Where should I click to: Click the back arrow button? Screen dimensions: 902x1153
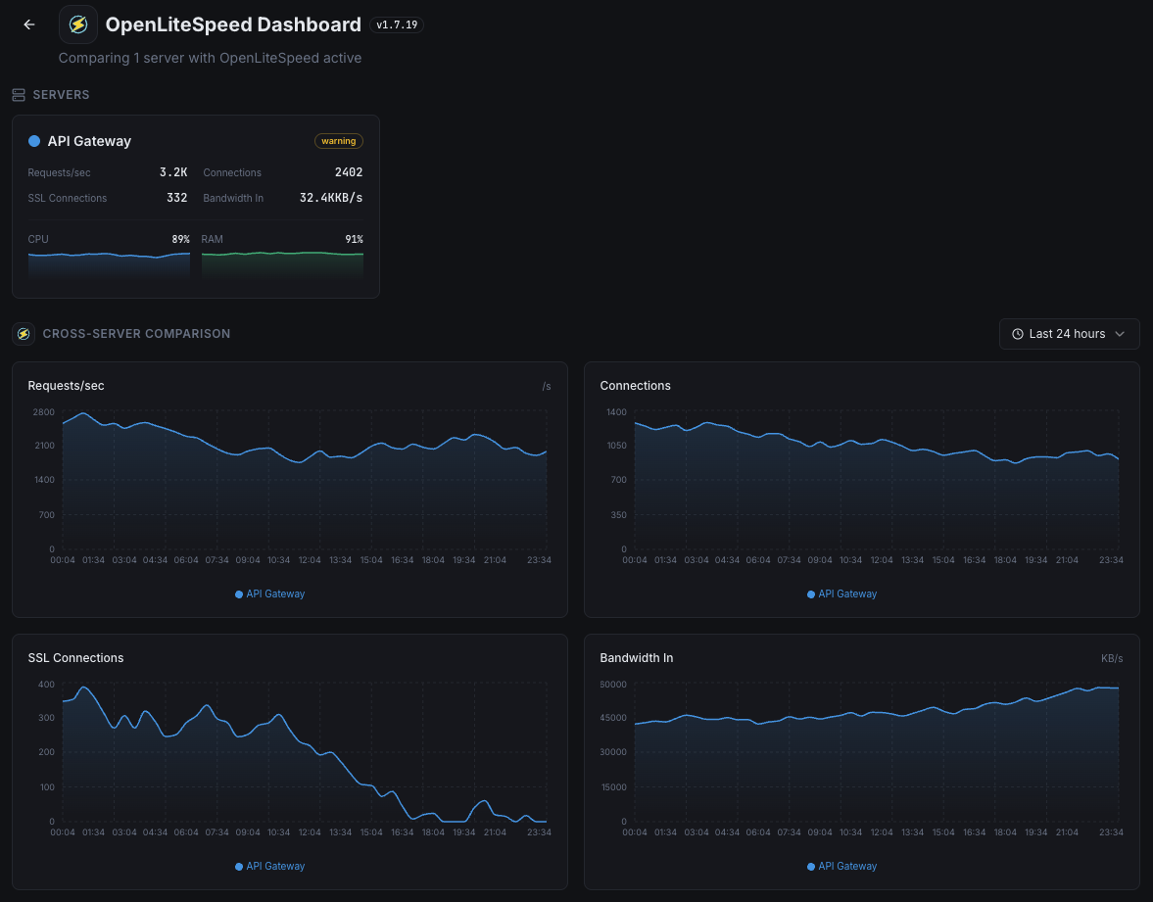click(x=29, y=24)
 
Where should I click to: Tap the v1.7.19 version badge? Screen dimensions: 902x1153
click(x=397, y=24)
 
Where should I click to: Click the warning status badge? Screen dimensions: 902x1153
click(x=339, y=141)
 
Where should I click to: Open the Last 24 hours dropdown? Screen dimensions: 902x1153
click(x=1069, y=334)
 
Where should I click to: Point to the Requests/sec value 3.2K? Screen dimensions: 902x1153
click(x=173, y=172)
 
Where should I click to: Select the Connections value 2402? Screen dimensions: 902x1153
click(x=349, y=172)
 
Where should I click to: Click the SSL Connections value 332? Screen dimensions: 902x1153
click(x=176, y=198)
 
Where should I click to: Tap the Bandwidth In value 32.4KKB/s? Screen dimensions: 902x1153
click(x=331, y=198)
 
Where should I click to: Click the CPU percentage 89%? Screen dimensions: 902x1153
click(x=180, y=239)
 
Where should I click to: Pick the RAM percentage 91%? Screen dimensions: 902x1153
click(x=354, y=239)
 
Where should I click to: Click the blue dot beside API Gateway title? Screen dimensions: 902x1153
click(x=34, y=141)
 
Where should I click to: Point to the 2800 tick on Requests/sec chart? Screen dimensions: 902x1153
click(x=43, y=412)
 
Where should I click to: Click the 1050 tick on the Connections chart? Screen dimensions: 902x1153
click(x=615, y=446)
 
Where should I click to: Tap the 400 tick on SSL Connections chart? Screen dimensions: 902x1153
click(x=46, y=684)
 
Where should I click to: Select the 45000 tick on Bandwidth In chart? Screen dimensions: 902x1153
click(x=613, y=718)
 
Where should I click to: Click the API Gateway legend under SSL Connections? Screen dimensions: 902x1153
click(x=270, y=866)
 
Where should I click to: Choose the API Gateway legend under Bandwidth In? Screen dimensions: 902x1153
click(x=842, y=866)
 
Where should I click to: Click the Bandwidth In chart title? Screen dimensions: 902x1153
click(x=636, y=658)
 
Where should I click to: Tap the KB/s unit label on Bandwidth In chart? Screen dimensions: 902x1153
click(x=1112, y=659)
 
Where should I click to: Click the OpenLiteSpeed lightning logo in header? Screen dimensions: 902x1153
click(x=78, y=24)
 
